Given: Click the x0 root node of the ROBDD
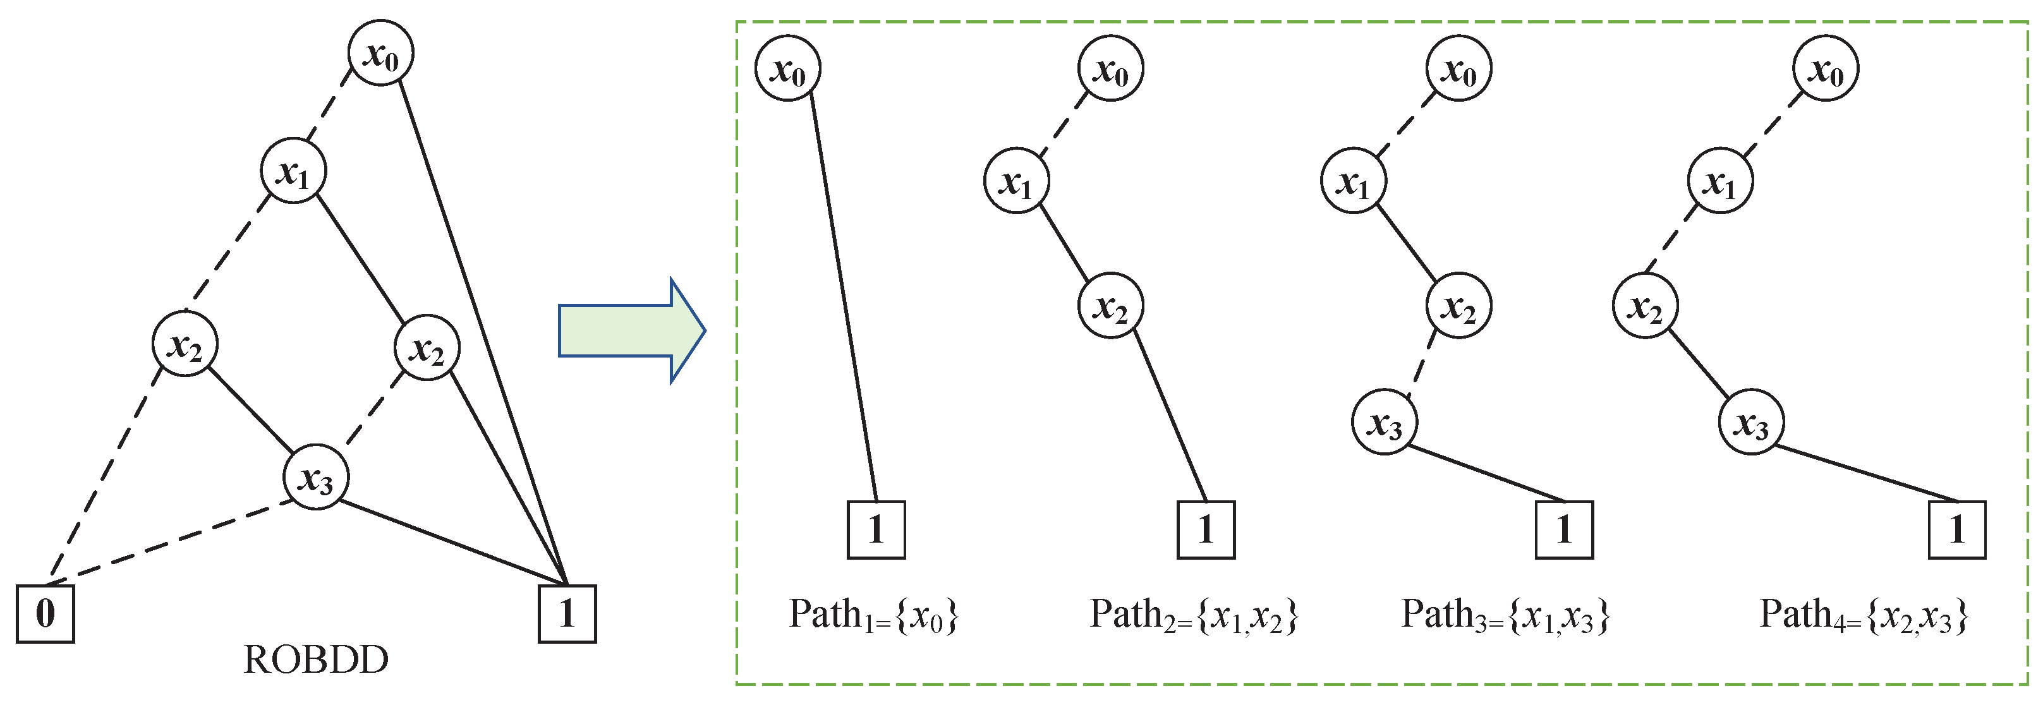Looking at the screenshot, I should click(380, 53).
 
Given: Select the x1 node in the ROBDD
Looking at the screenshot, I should click(293, 171).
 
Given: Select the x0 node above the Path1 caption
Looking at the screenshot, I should click(787, 68).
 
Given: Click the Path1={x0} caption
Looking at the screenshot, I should click(873, 615).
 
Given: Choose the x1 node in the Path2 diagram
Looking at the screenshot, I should click(1017, 181).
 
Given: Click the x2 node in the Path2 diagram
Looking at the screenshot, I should click(1110, 305).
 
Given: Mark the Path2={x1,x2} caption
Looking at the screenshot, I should click(1194, 615).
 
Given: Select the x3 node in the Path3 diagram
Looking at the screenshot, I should click(1385, 422).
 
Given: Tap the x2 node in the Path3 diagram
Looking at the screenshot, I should click(1458, 305).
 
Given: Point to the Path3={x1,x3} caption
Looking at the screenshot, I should click(1505, 615).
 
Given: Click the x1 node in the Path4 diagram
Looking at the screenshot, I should click(1720, 181).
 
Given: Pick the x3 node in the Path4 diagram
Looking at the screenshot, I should click(1751, 422).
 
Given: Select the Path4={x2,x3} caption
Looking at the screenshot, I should click(1864, 615).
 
